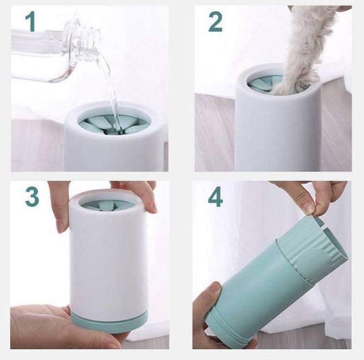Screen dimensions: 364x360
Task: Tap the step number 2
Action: click(215, 22)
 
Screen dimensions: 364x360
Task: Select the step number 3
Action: click(32, 196)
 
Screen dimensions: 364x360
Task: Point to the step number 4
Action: click(215, 196)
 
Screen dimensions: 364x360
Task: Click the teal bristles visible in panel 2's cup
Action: click(260, 82)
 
